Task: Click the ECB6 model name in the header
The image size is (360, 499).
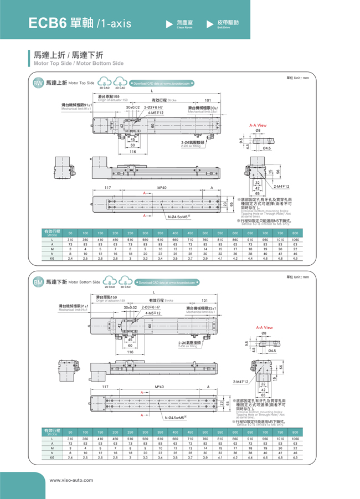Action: coord(47,23)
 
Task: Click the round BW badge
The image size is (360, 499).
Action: coord(38,84)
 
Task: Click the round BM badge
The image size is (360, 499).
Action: coord(38,282)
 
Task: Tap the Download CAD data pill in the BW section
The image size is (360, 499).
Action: coord(161,84)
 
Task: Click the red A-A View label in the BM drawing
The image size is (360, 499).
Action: coord(264,327)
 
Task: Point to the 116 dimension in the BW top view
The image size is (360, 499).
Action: coord(132,151)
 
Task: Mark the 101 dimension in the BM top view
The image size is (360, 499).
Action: coord(204,301)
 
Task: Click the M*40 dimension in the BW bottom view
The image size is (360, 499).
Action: coord(162,188)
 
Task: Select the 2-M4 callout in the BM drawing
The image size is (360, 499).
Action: coord(241,382)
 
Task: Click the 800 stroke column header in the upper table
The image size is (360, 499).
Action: coord(295,233)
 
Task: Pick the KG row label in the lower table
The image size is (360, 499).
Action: coord(52,458)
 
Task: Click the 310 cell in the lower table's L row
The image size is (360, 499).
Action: coord(70,438)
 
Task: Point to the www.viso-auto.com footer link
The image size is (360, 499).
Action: coord(72,480)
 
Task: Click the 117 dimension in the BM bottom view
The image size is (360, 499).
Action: coord(105,386)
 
